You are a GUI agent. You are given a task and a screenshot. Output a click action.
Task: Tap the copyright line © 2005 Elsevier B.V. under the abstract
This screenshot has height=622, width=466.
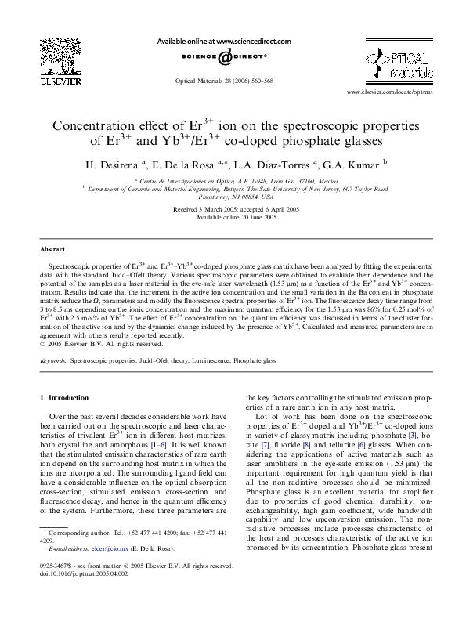101,343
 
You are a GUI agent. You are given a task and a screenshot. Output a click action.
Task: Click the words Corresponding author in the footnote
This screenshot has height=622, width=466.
82,532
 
